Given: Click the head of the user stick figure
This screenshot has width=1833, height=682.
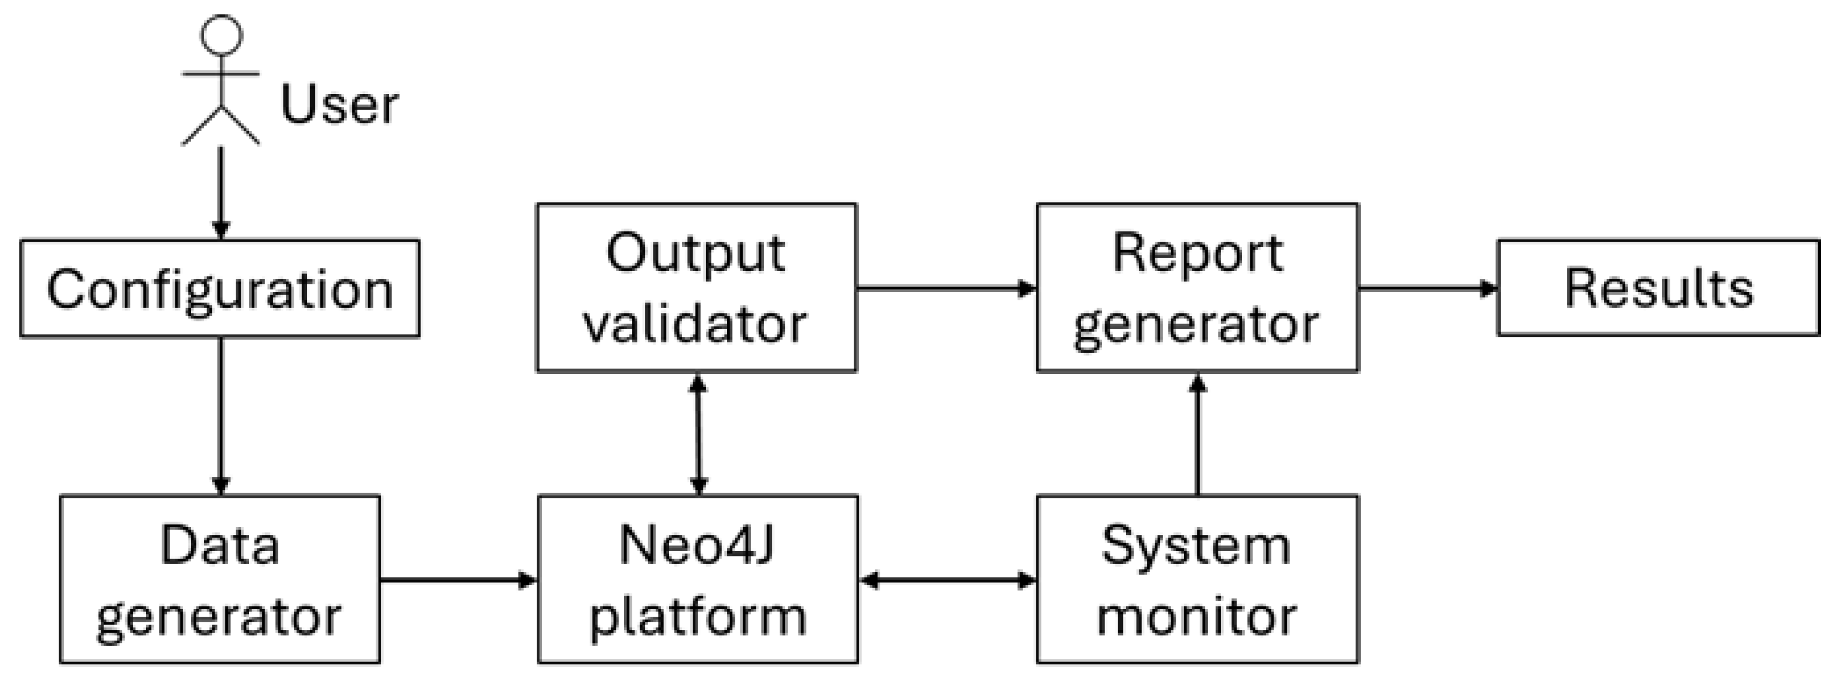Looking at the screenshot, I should (x=221, y=34).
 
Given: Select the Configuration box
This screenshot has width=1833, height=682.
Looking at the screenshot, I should (x=220, y=288).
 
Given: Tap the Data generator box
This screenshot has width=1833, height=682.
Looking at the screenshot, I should (x=220, y=580).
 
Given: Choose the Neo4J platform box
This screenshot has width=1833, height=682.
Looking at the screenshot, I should (x=697, y=580).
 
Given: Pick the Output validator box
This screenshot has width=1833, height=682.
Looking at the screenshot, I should (x=696, y=287).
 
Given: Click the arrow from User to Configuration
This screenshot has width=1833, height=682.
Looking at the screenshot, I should (x=221, y=192).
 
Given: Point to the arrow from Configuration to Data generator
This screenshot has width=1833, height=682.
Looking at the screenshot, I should (x=221, y=416).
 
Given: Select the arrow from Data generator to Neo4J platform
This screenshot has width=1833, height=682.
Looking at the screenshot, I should (x=458, y=580).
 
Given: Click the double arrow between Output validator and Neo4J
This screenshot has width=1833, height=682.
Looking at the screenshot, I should (x=698, y=434).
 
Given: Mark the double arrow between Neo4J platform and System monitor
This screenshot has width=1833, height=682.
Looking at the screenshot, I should (x=947, y=580).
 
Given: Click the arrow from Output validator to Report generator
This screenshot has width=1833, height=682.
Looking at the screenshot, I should (x=947, y=288).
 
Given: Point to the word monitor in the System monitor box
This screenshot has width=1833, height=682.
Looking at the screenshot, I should (x=1197, y=616).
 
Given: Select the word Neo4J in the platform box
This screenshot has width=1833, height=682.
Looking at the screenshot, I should (x=696, y=545).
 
